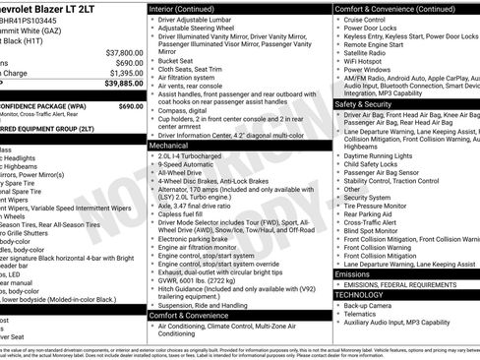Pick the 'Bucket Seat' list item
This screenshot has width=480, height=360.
[179, 60]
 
